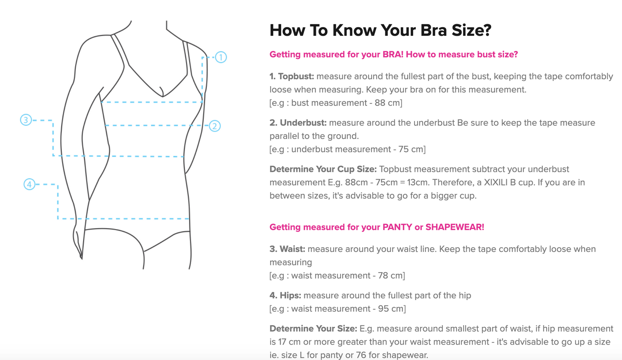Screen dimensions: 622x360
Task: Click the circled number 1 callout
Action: coord(221,57)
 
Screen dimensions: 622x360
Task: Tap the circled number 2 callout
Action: coord(215,126)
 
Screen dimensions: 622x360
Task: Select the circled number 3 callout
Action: coord(26,120)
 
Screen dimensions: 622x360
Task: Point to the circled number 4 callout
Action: coord(29,184)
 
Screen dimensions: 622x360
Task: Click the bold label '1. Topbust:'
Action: coord(291,76)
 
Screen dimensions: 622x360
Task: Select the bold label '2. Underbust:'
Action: coord(298,123)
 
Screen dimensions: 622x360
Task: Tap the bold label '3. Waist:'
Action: coord(287,249)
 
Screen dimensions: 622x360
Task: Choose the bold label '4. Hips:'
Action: coord(285,295)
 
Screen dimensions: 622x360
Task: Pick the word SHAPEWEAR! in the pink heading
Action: coord(455,227)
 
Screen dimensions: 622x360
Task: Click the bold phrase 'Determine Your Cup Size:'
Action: coord(323,169)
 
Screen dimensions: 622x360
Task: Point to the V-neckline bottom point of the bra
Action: coord(163,96)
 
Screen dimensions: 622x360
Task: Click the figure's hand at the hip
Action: coord(78,242)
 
